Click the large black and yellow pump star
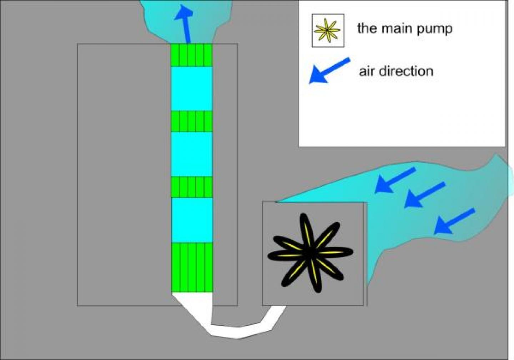[310, 253]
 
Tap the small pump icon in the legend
[328, 31]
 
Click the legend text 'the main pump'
[404, 29]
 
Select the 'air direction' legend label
[396, 71]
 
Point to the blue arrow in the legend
[329, 70]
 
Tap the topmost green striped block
[192, 55]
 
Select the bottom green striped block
[192, 267]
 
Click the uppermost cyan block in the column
[192, 89]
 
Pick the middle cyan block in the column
[192, 154]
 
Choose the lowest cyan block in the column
[192, 220]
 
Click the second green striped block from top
[192, 121]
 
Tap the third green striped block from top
[192, 187]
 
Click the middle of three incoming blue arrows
[425, 195]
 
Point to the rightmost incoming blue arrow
[454, 221]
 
